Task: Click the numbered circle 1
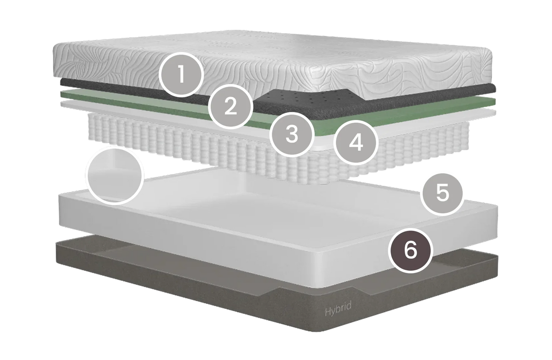(181, 74)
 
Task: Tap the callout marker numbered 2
(230, 107)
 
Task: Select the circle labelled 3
(292, 135)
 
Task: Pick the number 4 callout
(356, 143)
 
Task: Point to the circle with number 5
(443, 194)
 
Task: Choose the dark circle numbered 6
(410, 251)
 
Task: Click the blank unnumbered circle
(115, 175)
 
